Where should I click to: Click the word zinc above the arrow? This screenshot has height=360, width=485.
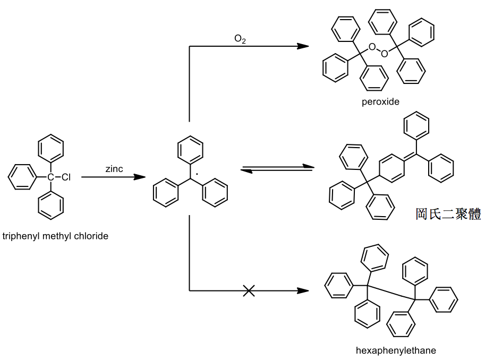click(114, 169)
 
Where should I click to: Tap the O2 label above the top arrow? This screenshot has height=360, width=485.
click(240, 39)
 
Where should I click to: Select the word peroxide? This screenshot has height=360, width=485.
click(380, 102)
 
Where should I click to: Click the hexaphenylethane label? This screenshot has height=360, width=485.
click(396, 350)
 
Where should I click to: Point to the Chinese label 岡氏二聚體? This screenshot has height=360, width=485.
click(448, 213)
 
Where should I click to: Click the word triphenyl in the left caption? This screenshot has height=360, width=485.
click(21, 236)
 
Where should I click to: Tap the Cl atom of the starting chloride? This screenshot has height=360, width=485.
click(66, 177)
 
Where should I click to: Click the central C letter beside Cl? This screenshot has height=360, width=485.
click(50, 177)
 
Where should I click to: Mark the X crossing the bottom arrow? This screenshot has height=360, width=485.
click(249, 291)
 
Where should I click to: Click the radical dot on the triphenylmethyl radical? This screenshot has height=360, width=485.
click(197, 174)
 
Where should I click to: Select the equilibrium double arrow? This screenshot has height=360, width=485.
click(277, 168)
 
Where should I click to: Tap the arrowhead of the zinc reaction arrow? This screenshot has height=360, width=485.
click(139, 177)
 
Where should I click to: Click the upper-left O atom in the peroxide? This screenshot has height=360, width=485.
click(372, 47)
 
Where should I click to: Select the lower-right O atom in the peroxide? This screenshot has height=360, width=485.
click(384, 54)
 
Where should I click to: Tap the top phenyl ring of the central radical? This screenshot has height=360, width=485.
click(190, 150)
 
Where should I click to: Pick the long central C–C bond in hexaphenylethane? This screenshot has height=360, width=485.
click(392, 293)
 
